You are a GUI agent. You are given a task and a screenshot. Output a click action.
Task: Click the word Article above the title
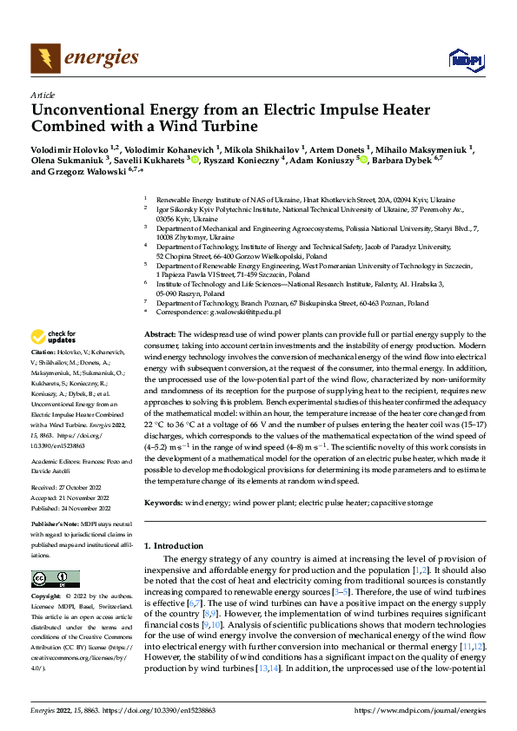tap(43, 95)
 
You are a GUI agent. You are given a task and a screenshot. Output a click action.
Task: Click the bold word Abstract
tap(159, 334)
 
